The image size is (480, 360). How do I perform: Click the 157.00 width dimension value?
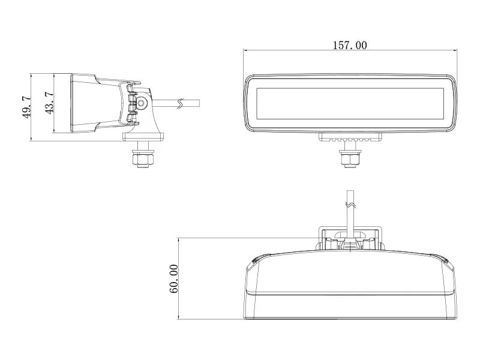350,45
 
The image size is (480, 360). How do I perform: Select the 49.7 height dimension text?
26,107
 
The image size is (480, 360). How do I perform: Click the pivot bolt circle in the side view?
142,103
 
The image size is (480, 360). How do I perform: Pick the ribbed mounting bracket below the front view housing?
350,137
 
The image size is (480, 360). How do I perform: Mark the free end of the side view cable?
197,103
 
